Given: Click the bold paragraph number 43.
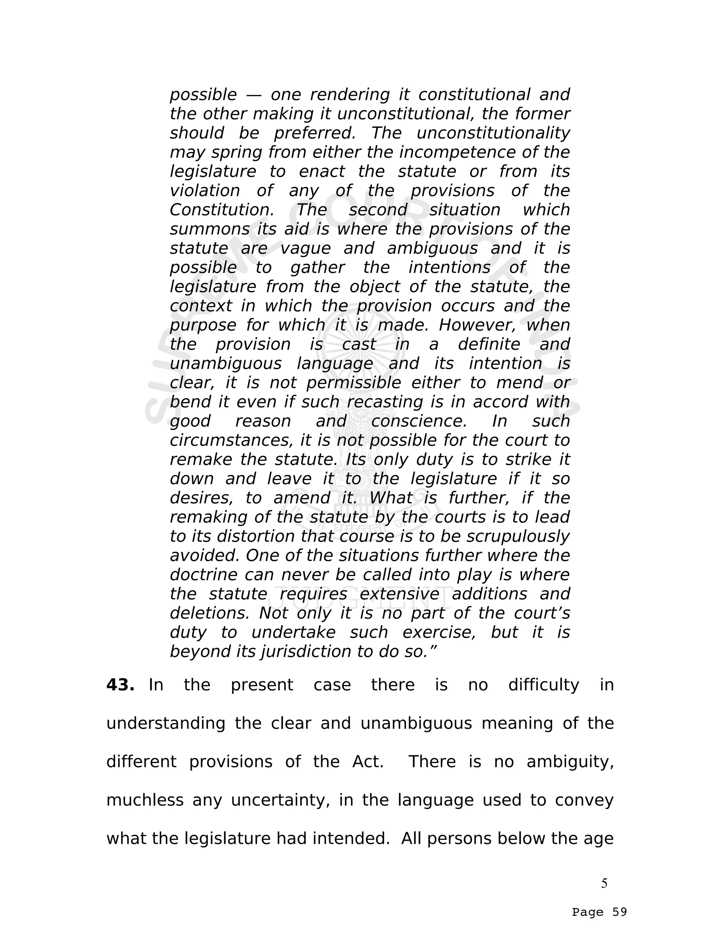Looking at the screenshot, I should (x=120, y=685).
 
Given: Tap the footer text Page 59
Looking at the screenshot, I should (x=599, y=912).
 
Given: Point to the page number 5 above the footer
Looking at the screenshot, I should (x=604, y=883).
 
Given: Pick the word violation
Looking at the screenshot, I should (x=205, y=191).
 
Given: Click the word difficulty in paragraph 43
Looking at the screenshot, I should (x=543, y=685).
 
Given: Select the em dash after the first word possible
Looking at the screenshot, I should (x=254, y=95).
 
